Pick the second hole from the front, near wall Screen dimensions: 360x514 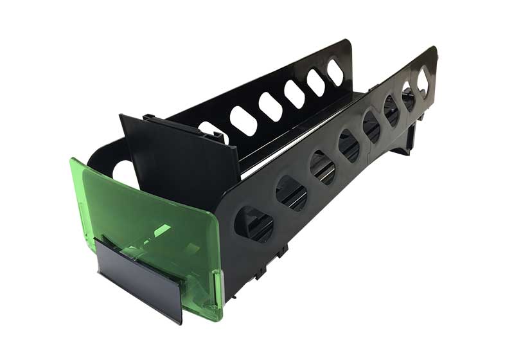tap(291, 192)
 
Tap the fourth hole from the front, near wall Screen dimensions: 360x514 tap(349, 145)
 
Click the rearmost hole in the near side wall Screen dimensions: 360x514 tap(423, 82)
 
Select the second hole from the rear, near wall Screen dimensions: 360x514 tap(408, 96)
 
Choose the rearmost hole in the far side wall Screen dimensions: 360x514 tap(335, 72)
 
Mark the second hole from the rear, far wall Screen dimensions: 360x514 tap(315, 82)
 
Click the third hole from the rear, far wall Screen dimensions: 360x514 tap(294, 94)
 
